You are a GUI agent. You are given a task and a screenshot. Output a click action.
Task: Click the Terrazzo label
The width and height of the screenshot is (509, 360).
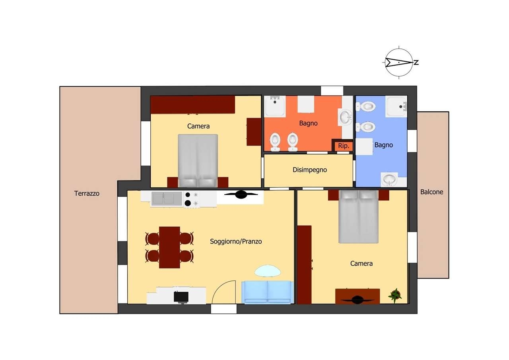click(x=87, y=193)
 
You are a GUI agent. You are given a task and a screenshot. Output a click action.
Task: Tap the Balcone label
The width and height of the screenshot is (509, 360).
click(x=431, y=192)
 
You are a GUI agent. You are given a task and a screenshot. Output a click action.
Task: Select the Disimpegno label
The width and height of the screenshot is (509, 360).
click(x=310, y=170)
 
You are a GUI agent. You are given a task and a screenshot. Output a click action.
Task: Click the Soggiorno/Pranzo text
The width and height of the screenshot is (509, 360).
click(x=236, y=241)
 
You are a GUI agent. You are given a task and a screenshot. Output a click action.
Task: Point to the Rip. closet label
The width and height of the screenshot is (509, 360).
click(x=343, y=146)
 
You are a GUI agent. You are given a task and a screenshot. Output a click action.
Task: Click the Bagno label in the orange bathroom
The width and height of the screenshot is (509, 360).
click(x=308, y=123)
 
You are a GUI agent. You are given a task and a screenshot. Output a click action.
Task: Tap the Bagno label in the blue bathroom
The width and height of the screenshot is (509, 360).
click(x=384, y=145)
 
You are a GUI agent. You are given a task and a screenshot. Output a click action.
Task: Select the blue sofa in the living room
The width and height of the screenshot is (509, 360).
click(x=268, y=292)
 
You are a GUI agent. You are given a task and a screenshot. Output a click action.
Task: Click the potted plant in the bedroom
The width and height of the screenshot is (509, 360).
click(x=395, y=296)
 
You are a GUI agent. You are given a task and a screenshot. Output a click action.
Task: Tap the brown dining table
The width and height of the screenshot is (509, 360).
click(x=169, y=247)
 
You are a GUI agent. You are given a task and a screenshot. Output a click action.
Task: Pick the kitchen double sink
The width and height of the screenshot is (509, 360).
click(x=167, y=199)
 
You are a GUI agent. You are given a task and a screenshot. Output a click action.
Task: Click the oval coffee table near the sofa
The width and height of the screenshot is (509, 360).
click(x=268, y=271)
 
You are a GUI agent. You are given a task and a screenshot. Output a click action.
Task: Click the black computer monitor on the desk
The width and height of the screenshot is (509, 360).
click(x=181, y=297)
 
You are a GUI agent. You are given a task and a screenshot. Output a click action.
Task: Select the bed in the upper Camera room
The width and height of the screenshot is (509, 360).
click(x=198, y=161)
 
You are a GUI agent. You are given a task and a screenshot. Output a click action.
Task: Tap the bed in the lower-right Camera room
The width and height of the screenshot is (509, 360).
click(x=359, y=216)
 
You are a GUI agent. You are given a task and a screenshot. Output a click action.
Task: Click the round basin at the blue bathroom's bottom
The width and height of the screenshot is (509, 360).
click(x=389, y=179)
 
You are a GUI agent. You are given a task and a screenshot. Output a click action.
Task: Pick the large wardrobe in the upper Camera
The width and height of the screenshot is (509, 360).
click(x=193, y=105)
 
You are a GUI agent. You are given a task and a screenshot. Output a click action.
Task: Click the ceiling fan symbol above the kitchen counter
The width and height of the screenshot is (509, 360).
click(x=241, y=195)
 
